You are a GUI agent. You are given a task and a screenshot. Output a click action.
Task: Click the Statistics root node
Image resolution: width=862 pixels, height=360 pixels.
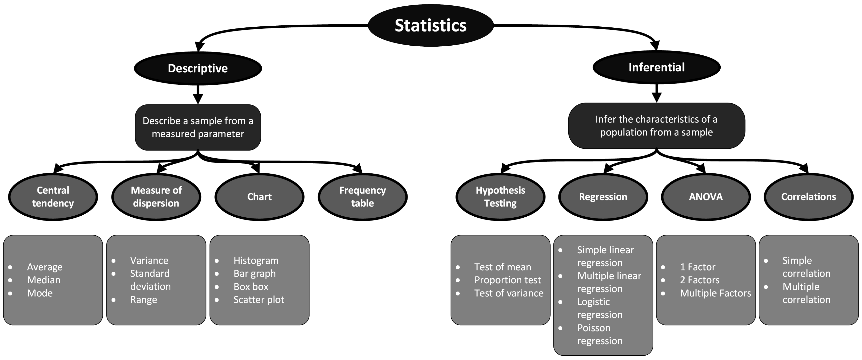(x=431, y=25)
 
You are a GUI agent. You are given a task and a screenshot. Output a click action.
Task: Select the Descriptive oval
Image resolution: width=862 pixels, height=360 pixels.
(x=198, y=68)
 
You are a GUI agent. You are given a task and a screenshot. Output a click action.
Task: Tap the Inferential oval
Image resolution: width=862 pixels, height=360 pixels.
(x=656, y=67)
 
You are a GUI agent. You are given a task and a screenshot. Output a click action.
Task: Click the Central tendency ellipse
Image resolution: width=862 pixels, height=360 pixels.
(x=53, y=197)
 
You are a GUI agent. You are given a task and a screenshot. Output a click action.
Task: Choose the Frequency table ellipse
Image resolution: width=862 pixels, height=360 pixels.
(x=362, y=197)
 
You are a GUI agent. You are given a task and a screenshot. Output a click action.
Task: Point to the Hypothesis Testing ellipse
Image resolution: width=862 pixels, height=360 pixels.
(x=500, y=197)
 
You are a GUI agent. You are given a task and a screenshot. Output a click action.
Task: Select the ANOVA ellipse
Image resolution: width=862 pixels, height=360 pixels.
(x=706, y=197)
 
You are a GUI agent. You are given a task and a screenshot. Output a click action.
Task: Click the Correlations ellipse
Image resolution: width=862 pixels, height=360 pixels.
(x=809, y=197)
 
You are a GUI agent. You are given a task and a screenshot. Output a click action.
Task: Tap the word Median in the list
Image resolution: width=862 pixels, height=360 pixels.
(x=44, y=280)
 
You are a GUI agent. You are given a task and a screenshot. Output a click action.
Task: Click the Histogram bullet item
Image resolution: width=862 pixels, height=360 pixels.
(x=256, y=260)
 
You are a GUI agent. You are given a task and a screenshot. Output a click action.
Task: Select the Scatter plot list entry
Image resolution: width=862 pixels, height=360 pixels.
(x=259, y=299)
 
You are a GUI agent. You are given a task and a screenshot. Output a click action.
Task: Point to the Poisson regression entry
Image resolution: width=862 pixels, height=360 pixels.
(x=600, y=334)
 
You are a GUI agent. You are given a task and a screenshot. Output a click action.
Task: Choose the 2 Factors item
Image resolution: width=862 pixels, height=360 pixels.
(x=700, y=280)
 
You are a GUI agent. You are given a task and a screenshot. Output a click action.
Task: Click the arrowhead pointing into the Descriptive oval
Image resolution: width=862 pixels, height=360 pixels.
(x=200, y=47)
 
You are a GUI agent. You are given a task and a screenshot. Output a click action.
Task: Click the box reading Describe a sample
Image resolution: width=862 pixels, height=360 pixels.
(x=198, y=127)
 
